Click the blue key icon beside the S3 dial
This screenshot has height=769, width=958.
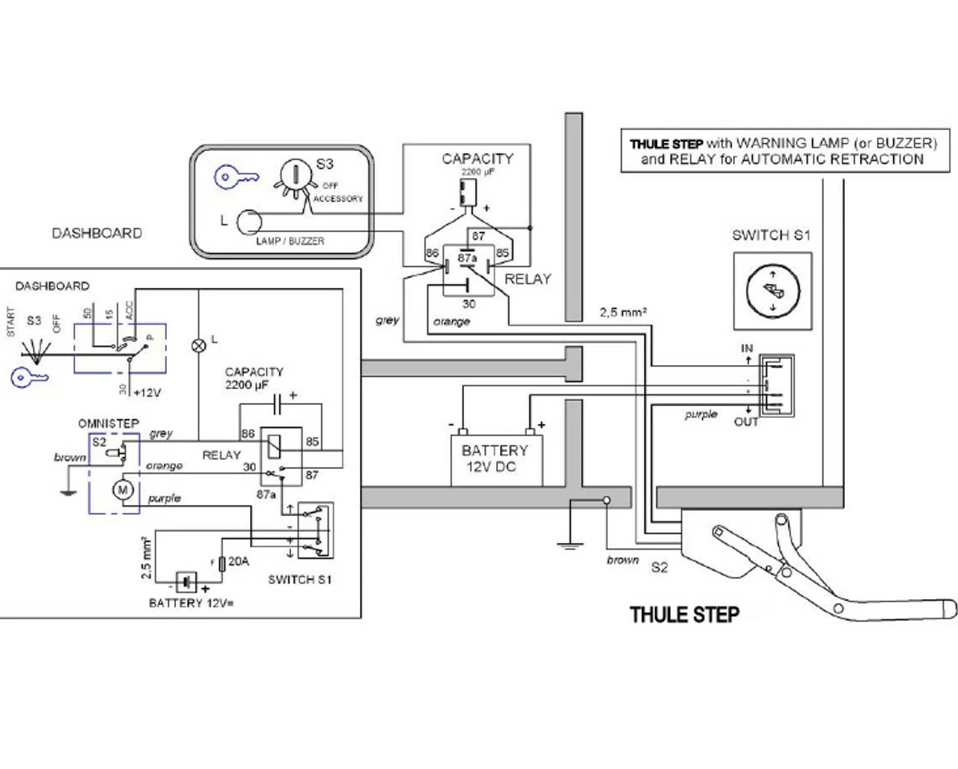click(237, 178)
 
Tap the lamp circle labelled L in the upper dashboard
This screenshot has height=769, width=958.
click(249, 222)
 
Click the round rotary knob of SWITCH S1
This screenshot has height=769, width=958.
click(772, 290)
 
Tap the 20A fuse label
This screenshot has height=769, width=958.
click(239, 561)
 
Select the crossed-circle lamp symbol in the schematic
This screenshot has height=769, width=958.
click(199, 345)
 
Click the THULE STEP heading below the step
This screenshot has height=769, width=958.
click(684, 615)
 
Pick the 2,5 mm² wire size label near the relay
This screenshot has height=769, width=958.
click(623, 312)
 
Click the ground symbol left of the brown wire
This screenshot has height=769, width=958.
click(570, 544)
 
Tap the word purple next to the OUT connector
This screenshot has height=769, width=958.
click(701, 414)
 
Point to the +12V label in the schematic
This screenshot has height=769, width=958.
click(147, 393)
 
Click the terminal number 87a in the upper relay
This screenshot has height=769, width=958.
click(467, 258)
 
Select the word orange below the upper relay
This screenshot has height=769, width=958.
click(451, 322)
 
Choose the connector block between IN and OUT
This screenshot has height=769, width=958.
click(776, 385)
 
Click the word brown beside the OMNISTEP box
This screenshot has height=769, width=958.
click(70, 457)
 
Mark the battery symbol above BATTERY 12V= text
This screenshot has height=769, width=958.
click(186, 581)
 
